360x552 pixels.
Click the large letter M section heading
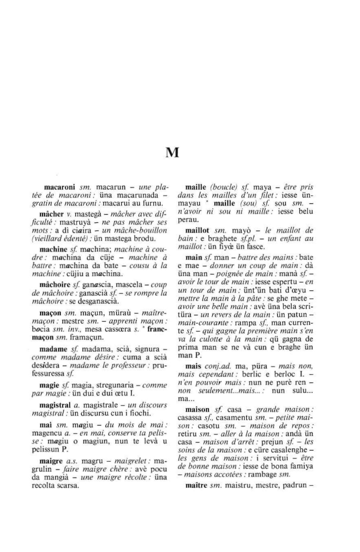[172, 152]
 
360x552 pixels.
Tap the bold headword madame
[53, 349]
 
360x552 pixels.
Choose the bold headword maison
[197, 410]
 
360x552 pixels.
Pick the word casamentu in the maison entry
[232, 418]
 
